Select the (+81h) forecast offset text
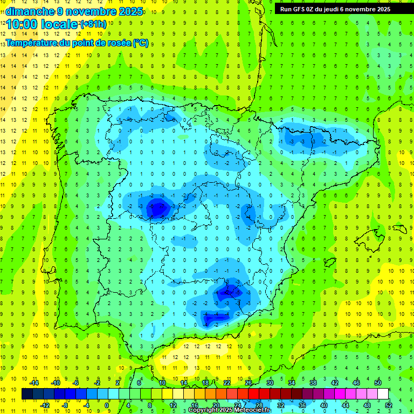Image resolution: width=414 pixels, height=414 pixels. pos(93,24)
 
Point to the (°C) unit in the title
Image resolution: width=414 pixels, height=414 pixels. pos(140,43)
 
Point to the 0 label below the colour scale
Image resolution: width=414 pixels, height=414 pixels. pos(107,405)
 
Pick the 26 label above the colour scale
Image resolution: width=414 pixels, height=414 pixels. pos(249,383)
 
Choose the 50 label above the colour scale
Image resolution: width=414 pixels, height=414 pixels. pos(378,383)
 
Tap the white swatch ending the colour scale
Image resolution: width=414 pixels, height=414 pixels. pos(383,394)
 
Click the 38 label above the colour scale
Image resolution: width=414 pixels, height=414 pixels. pos(313,383)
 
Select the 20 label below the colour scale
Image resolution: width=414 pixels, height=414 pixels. pos(216,405)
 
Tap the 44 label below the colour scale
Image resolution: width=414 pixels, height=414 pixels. pos(346,405)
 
